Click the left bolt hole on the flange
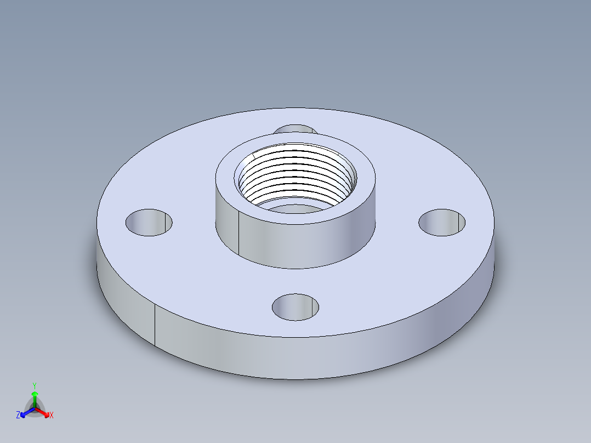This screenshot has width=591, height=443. [x=149, y=223]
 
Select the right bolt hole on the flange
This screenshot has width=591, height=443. [x=442, y=223]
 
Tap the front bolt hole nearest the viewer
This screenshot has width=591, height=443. [x=295, y=307]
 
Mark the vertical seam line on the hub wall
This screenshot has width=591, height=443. [x=239, y=233]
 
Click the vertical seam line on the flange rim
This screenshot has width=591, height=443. [x=155, y=326]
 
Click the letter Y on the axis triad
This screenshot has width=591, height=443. [x=34, y=385]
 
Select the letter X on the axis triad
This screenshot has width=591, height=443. [x=52, y=416]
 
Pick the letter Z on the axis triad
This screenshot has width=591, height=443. [x=18, y=416]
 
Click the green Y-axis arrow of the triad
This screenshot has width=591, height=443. [x=35, y=397]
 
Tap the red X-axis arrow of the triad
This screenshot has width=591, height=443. [x=44, y=413]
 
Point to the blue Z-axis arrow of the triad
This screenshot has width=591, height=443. [x=25, y=413]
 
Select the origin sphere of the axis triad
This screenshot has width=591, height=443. [x=35, y=408]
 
